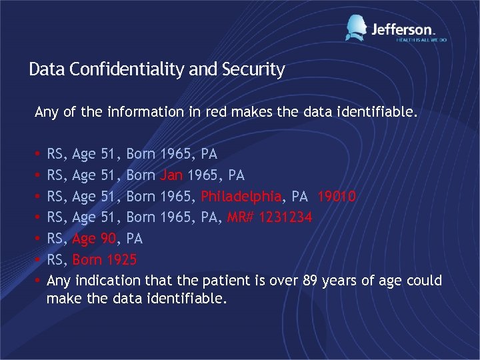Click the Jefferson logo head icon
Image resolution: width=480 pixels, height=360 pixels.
(356, 28)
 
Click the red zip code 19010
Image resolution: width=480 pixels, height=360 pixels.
(337, 197)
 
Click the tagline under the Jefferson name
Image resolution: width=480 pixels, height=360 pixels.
(421, 40)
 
